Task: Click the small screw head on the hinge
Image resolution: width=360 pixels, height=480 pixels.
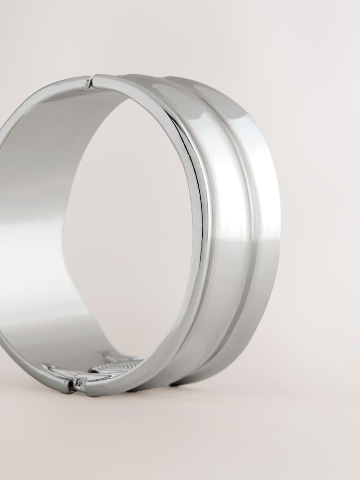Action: [78, 383]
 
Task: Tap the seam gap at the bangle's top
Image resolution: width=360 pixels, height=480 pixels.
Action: [90, 83]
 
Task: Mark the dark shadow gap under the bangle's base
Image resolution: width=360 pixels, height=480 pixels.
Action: [178, 384]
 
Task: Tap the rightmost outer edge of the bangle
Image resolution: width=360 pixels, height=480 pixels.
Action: [279, 216]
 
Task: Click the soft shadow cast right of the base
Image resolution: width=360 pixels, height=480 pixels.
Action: [269, 374]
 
